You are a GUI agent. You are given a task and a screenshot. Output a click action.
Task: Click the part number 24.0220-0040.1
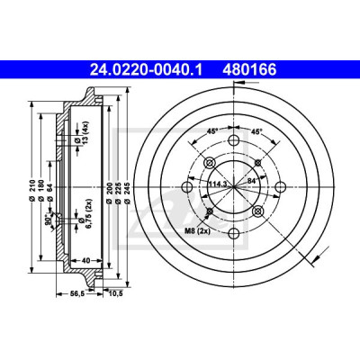147,70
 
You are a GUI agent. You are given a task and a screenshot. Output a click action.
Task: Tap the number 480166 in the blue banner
249,70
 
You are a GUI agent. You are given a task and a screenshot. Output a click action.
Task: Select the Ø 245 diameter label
128,193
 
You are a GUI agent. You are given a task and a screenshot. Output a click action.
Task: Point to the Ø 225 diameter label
119,193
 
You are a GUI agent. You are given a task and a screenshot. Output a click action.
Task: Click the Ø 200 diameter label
110,193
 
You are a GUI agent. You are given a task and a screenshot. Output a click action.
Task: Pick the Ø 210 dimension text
32,190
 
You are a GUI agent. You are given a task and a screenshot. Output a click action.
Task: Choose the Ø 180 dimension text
41,190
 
